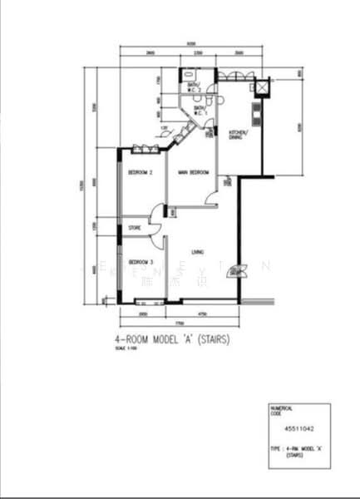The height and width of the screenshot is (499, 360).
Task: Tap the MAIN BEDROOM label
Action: click(x=193, y=172)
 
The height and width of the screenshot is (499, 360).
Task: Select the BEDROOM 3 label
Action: click(x=138, y=261)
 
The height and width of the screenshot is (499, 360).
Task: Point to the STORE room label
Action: click(x=133, y=227)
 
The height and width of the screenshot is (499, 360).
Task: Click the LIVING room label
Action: click(x=198, y=252)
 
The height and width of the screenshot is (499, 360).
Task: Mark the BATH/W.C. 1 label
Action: click(x=200, y=110)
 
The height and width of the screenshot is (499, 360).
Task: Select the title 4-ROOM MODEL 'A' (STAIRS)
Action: click(x=170, y=340)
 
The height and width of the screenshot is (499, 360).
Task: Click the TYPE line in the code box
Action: click(x=297, y=448)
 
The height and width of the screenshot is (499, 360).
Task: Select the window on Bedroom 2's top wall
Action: click(x=144, y=149)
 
